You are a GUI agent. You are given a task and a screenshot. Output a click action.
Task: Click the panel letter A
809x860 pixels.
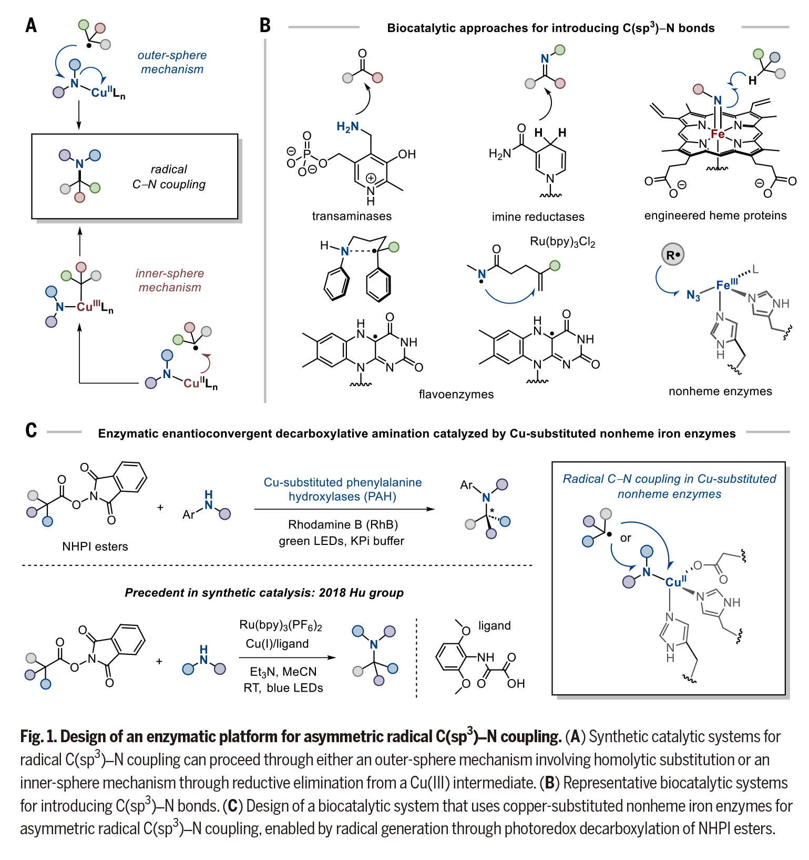tap(31, 25)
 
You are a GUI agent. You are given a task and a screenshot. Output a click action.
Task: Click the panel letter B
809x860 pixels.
tap(265, 25)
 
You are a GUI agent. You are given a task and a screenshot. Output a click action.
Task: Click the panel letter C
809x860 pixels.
tap(31, 430)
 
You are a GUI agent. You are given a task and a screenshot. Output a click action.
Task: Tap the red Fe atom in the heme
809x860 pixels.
tap(718, 134)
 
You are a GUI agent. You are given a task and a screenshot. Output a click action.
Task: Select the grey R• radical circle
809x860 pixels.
tap(673, 255)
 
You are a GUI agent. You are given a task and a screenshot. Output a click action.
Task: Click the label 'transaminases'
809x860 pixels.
tap(352, 216)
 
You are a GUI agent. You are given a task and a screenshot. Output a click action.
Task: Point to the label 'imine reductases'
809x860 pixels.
tap(538, 217)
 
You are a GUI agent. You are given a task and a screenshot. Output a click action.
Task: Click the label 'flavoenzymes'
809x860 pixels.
tap(456, 394)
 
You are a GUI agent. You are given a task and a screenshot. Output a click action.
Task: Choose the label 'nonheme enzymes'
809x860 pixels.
tap(720, 391)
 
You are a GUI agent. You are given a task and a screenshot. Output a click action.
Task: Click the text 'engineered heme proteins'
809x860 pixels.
tap(715, 216)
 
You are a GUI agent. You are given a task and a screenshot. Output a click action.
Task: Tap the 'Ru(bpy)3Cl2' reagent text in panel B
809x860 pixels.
tap(562, 242)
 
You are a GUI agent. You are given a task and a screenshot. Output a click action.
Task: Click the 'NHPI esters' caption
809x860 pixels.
tap(95, 547)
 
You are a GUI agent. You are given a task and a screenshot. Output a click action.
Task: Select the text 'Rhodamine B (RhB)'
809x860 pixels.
tap(343, 524)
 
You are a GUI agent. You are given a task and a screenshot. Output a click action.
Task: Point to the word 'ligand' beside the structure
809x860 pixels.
tap(494, 625)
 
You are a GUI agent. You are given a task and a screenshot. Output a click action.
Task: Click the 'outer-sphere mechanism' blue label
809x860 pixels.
tap(172, 62)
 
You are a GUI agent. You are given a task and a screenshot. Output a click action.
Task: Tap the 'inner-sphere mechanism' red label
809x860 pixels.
tap(169, 280)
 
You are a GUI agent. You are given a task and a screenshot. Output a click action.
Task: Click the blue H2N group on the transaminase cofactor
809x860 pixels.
tap(347, 127)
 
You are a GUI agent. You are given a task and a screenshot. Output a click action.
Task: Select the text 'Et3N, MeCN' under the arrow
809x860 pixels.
tap(283, 672)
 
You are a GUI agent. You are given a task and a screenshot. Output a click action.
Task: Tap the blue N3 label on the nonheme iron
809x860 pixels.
tap(693, 296)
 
